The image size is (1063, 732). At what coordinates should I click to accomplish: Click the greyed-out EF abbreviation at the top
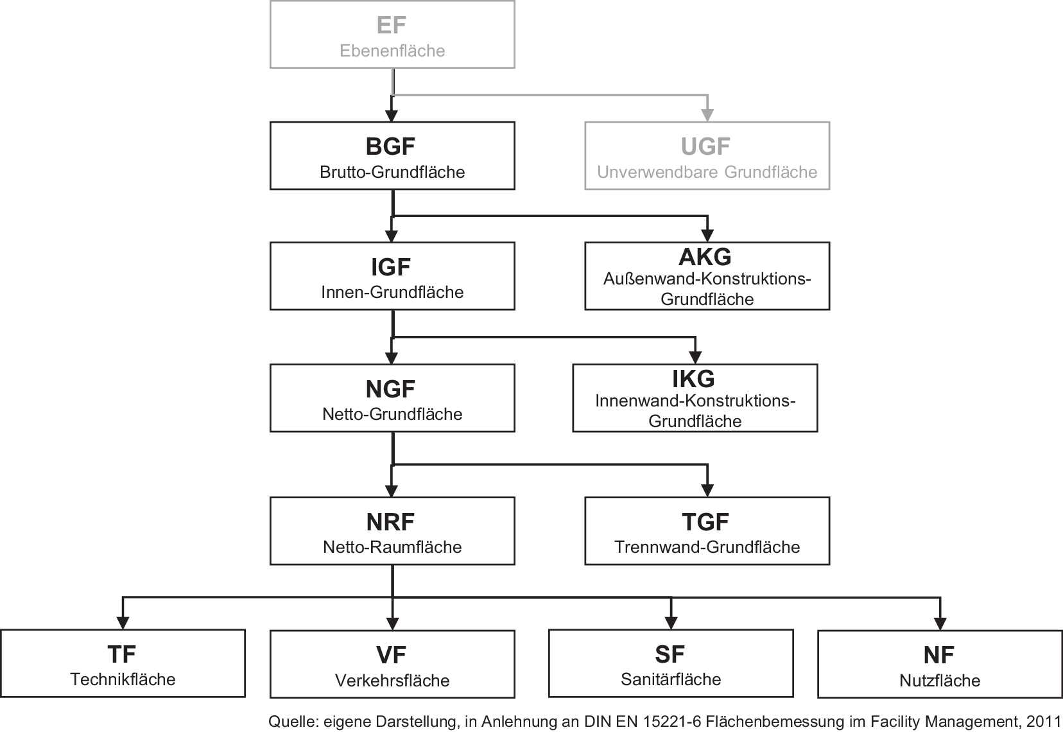[392, 25]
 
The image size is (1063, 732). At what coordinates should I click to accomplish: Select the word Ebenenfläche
[392, 51]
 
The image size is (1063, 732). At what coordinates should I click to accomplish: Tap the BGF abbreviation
[391, 146]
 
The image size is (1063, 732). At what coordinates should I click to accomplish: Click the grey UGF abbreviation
[705, 146]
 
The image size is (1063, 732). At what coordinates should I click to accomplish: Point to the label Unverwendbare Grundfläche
[707, 172]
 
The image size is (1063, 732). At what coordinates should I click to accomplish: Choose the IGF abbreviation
[391, 267]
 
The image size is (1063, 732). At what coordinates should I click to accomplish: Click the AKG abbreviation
[705, 257]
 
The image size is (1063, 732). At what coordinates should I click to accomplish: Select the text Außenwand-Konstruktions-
[707, 279]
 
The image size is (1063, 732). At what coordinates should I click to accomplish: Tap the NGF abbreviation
[391, 389]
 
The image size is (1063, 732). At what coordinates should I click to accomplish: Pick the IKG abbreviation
[693, 379]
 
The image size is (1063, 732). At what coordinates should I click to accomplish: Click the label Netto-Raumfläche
[392, 547]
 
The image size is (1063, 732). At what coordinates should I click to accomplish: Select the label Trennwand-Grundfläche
[707, 547]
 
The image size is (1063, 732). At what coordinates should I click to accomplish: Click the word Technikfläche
[123, 679]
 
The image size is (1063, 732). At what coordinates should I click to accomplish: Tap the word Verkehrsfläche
[392, 681]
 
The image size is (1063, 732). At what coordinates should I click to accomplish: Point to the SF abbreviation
[670, 654]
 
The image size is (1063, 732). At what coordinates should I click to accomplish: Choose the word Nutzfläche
[940, 681]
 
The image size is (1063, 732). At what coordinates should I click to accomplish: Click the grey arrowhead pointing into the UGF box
[707, 116]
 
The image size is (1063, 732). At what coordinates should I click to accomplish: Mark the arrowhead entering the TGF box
[707, 491]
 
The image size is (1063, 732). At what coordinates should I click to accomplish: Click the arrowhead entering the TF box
[123, 623]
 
